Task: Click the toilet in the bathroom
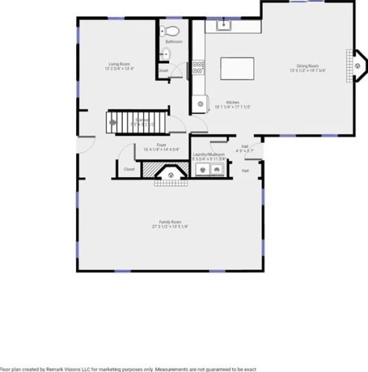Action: click(171, 31)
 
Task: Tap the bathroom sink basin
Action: click(165, 54)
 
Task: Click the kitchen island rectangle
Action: click(238, 68)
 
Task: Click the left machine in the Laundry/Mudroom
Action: click(200, 170)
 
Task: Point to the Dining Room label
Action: click(308, 66)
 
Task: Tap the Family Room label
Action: click(171, 222)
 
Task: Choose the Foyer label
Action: click(161, 144)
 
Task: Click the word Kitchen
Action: click(232, 102)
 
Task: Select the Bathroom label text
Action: click(174, 42)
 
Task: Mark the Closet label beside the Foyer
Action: click(128, 170)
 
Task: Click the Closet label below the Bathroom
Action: click(162, 71)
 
